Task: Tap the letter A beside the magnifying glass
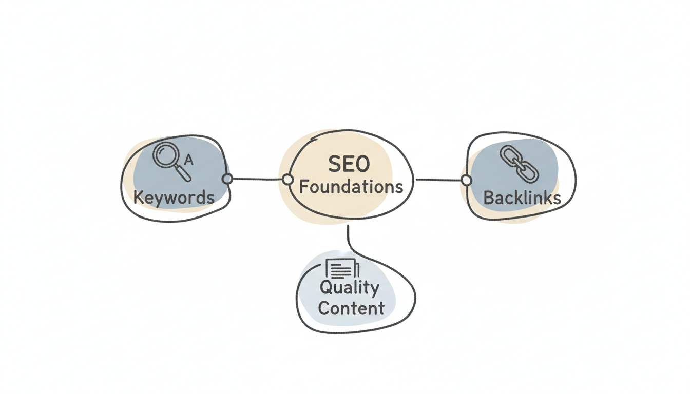[188, 161]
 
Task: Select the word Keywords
[174, 197]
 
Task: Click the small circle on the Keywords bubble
[227, 179]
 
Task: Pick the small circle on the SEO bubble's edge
[287, 180]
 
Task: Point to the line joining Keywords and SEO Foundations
[257, 179]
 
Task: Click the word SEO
[348, 165]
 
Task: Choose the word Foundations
[351, 187]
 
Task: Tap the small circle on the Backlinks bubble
[466, 180]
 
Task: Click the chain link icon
[519, 164]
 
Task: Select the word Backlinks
[522, 198]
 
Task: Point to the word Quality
[349, 288]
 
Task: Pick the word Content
[351, 308]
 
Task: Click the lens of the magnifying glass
[165, 155]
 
